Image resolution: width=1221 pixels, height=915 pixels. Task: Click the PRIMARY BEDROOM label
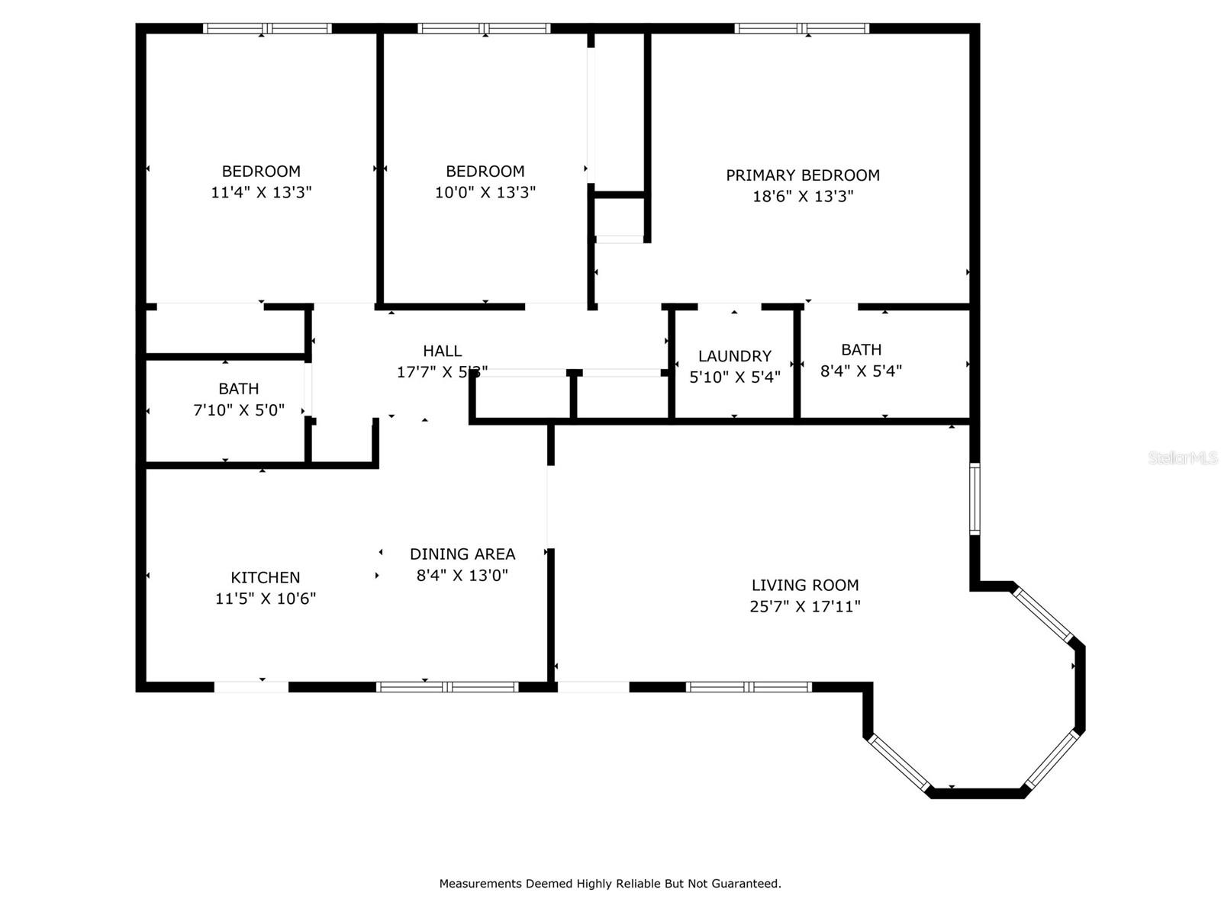pos(803,175)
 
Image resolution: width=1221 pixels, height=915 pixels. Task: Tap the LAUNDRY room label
pos(734,356)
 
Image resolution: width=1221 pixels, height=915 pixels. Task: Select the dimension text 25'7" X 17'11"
pos(805,606)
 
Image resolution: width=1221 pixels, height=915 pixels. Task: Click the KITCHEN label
pos(266,578)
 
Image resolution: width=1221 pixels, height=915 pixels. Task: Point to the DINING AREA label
pos(462,554)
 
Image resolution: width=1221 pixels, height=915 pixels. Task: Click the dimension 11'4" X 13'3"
pos(261,192)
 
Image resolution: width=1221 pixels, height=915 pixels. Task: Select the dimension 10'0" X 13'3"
pos(485,192)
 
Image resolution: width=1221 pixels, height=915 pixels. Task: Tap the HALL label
pos(443,351)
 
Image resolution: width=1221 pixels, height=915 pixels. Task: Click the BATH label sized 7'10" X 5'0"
pos(239,389)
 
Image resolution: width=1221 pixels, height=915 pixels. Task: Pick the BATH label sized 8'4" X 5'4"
pos(861,350)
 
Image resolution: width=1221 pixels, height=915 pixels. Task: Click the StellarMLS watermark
pos(1183,457)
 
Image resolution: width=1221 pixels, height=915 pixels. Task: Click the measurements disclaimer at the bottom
pos(610,884)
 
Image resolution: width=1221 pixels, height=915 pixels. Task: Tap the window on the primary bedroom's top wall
pos(802,29)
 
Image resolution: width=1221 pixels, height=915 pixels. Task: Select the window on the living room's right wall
pos(975,499)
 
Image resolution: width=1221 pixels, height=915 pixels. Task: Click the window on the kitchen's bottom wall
pos(447,687)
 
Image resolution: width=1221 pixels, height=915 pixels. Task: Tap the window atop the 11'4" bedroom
pos(267,29)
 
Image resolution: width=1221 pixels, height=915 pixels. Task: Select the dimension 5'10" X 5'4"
pos(734,377)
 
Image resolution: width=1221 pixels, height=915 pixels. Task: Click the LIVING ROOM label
pos(805,586)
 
